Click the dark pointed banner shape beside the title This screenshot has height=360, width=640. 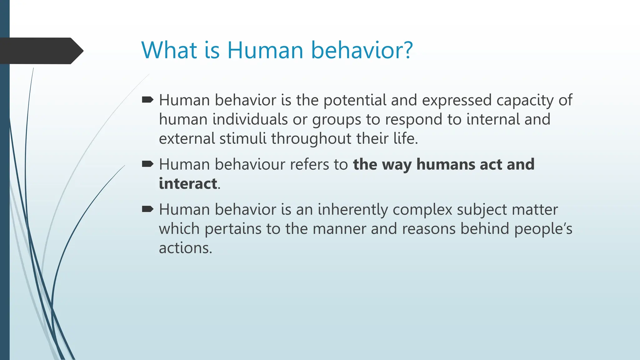pos(41,51)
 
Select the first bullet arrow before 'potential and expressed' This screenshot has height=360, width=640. pos(147,100)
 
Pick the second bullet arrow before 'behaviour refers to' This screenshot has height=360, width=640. pos(147,164)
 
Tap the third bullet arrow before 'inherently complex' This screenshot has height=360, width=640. pos(147,209)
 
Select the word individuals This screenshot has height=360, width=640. pos(250,119)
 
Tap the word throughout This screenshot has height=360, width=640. pos(311,138)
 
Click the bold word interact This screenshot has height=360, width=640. pos(188,183)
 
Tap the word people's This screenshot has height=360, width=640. pos(543,229)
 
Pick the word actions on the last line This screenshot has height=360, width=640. pos(185,248)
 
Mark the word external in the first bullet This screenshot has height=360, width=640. pos(187,138)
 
